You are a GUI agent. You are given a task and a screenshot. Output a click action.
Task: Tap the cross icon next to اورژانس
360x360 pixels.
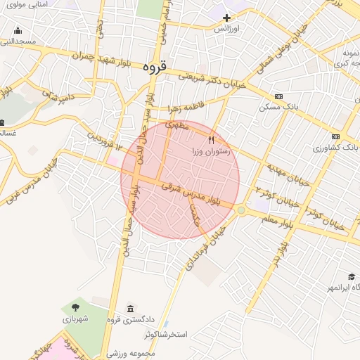click(226, 18)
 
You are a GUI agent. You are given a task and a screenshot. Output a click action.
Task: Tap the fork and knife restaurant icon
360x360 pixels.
click(211, 140)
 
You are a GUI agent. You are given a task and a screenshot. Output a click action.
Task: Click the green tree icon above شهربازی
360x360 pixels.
click(75, 308)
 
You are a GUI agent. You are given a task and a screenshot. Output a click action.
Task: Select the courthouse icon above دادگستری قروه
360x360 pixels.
click(130, 309)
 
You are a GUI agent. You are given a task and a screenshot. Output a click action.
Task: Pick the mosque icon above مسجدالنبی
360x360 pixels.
click(18, 31)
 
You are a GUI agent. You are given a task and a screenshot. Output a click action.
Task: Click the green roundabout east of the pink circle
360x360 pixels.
click(241, 210)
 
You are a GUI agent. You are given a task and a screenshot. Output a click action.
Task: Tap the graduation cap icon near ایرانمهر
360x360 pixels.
click(351, 277)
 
